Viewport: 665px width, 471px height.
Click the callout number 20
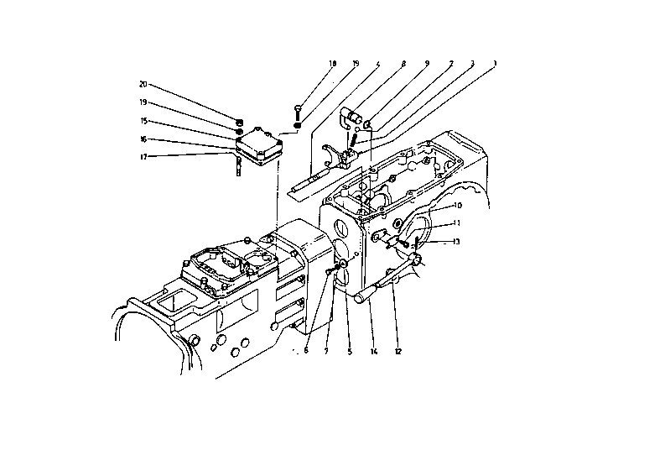(143, 84)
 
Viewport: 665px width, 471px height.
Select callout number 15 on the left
(143, 121)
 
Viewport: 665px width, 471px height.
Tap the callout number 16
(143, 139)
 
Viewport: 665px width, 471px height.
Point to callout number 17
(143, 156)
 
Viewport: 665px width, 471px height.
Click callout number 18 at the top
(332, 64)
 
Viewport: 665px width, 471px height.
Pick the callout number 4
(378, 64)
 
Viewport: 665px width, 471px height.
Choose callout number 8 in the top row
(403, 64)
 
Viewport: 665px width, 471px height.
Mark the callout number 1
(495, 64)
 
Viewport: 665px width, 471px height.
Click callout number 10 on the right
(457, 206)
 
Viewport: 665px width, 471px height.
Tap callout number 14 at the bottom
(374, 351)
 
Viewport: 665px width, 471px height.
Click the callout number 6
(306, 351)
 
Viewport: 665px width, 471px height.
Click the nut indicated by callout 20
(241, 120)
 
